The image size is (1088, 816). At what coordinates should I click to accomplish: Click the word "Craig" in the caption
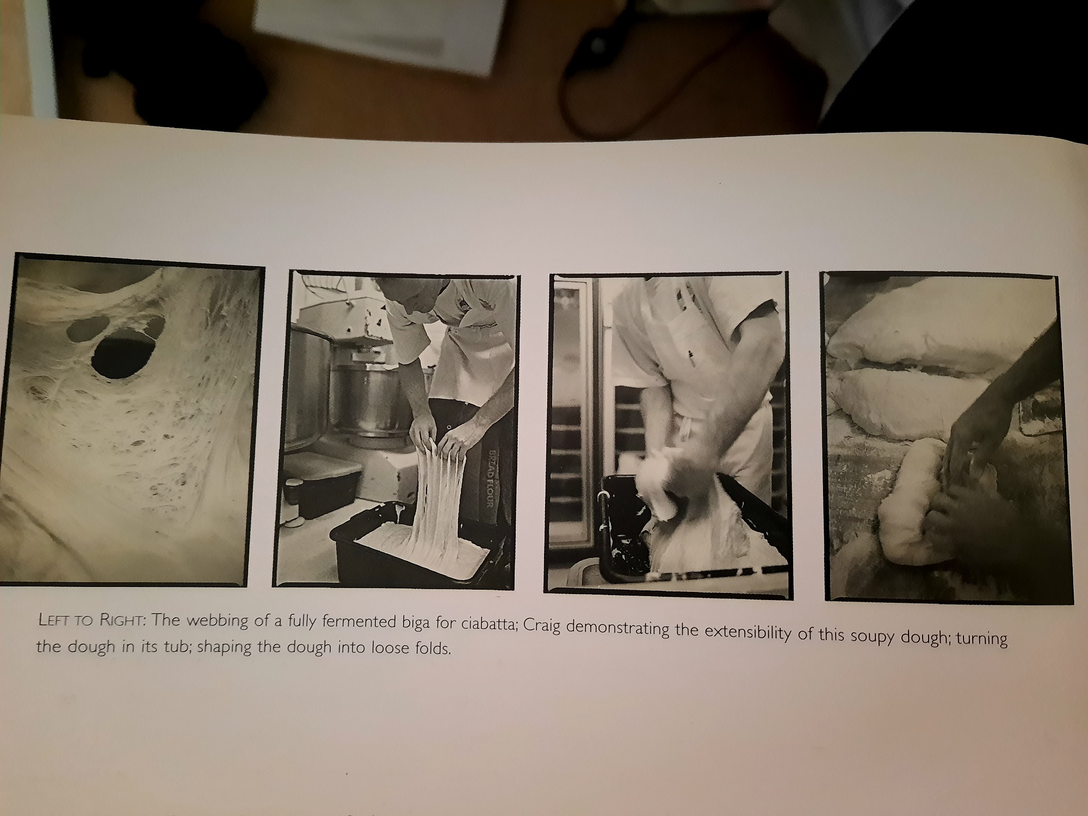pyautogui.click(x=542, y=626)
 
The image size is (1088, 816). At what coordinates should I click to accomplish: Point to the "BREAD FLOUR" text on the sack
pyautogui.click(x=490, y=478)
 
